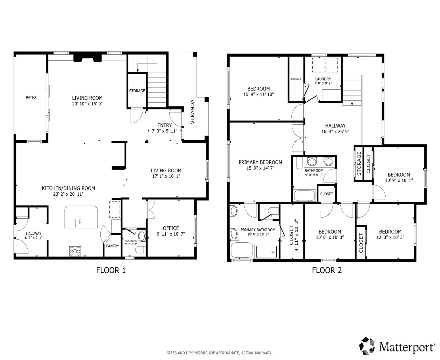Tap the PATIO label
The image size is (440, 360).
click(31, 97)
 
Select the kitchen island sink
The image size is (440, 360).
click(80, 222)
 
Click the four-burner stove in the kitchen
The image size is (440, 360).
click(75, 251)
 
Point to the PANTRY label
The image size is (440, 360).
click(112, 246)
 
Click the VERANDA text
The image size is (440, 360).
click(192, 111)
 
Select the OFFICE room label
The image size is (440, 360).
click(171, 228)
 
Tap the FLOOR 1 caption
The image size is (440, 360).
click(111, 270)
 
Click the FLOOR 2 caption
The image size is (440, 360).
click(327, 270)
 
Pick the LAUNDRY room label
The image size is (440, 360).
click(323, 79)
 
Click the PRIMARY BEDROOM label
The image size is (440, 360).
click(260, 162)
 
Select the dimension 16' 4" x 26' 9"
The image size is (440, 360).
click(335, 132)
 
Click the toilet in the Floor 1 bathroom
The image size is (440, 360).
click(140, 250)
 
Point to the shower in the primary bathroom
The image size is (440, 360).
click(267, 252)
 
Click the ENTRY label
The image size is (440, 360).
click(164, 125)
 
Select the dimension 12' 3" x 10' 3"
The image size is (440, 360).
click(390, 237)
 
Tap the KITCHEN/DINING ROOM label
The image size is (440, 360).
click(68, 188)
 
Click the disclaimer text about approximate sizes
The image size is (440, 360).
click(219, 353)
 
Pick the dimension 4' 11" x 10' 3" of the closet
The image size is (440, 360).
click(296, 235)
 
